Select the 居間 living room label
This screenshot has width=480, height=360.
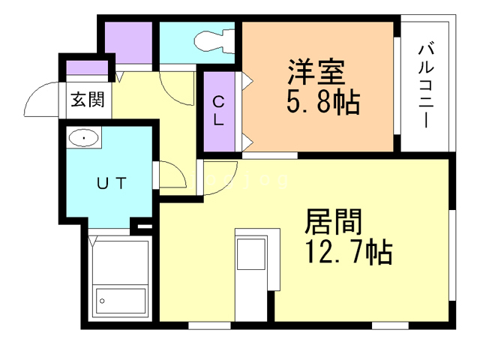334,222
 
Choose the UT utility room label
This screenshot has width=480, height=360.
114,181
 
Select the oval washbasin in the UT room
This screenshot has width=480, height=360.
83,139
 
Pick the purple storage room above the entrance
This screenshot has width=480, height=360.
128,43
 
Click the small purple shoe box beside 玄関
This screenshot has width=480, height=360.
83,70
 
